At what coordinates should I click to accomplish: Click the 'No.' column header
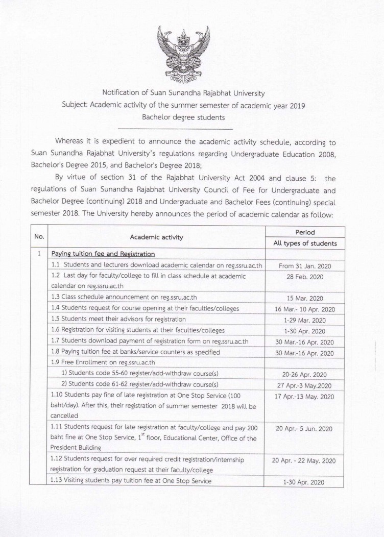pos(39,237)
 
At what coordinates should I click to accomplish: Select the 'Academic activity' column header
pos(156,237)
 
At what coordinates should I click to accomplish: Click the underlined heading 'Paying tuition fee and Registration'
pos(103,254)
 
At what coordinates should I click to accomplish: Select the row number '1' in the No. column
pos(39,254)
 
